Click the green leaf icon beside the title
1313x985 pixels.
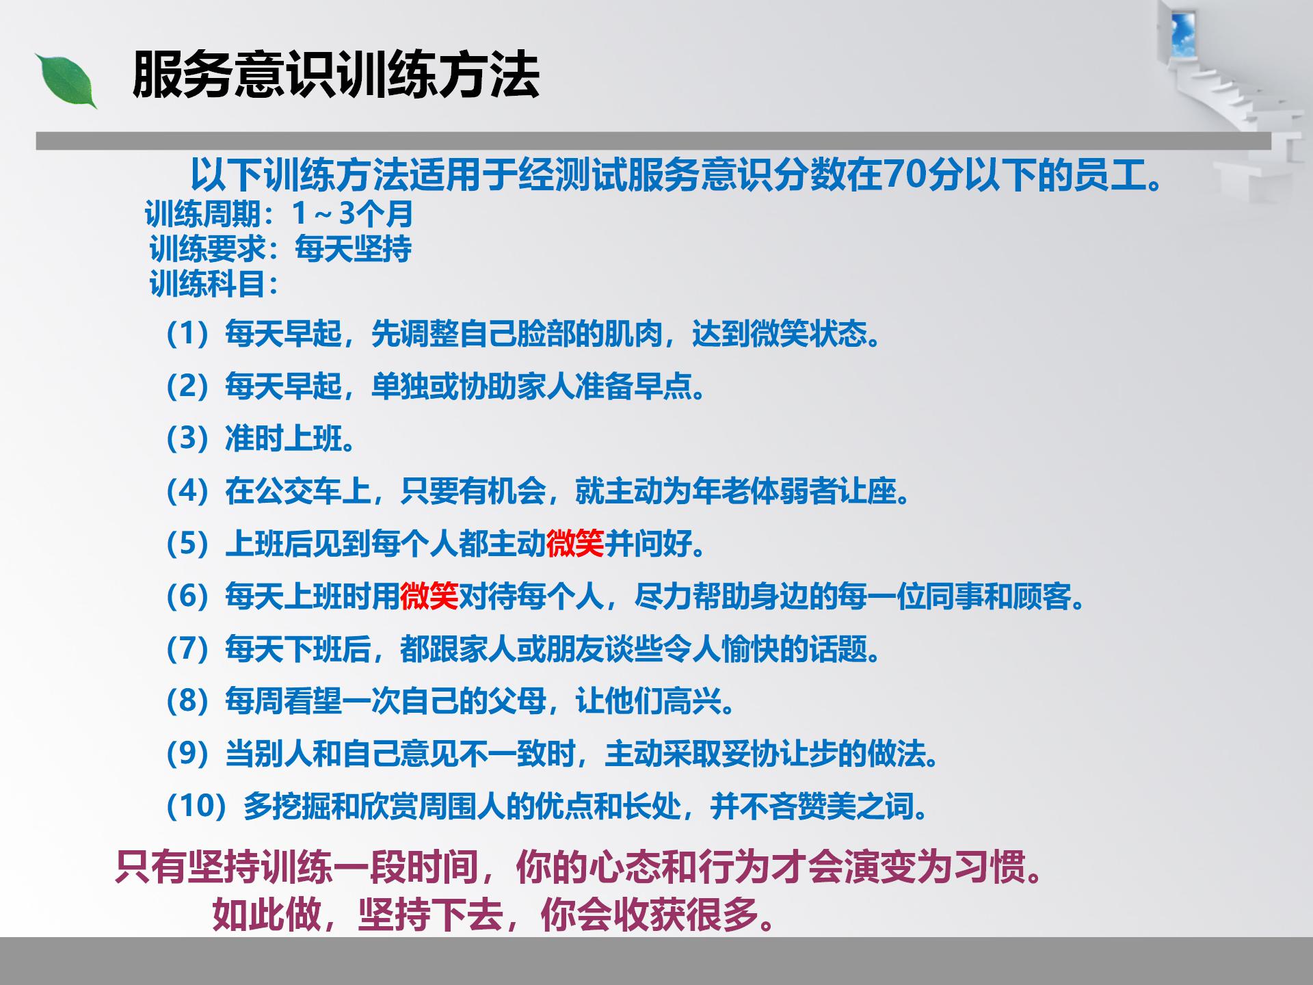click(x=66, y=81)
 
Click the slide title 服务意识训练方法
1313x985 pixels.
click(x=336, y=75)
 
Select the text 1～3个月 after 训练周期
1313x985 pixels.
click(x=352, y=214)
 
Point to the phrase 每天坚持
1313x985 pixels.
click(x=353, y=249)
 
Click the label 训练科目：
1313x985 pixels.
click(x=215, y=284)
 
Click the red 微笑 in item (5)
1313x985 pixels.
click(x=575, y=544)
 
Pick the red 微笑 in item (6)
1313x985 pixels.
click(x=429, y=596)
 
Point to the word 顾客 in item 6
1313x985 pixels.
click(x=1042, y=596)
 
